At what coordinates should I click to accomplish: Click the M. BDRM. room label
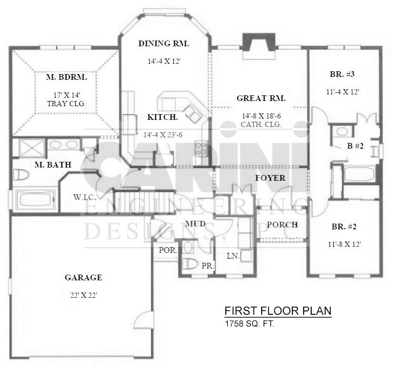pyautogui.click(x=66, y=77)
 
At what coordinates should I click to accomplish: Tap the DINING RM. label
pyautogui.click(x=164, y=43)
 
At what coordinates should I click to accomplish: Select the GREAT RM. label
pyautogui.click(x=261, y=98)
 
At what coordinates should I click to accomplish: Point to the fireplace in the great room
pyautogui.click(x=259, y=46)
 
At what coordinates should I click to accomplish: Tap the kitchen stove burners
pyautogui.click(x=201, y=149)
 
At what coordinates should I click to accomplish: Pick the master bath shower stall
pyautogui.click(x=29, y=148)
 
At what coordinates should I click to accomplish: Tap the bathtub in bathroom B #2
pyautogui.click(x=359, y=173)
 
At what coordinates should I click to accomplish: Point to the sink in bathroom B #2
pyautogui.click(x=342, y=132)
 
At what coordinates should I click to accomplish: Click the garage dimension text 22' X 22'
pyautogui.click(x=84, y=295)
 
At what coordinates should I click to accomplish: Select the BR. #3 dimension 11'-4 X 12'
pyautogui.click(x=343, y=92)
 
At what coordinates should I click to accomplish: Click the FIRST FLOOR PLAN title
pyautogui.click(x=278, y=310)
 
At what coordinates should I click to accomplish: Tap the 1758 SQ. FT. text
pyautogui.click(x=249, y=324)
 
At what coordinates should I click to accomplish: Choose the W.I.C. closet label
pyautogui.click(x=84, y=197)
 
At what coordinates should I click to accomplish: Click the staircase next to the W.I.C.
pyautogui.click(x=144, y=202)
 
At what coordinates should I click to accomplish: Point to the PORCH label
pyautogui.click(x=282, y=225)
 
